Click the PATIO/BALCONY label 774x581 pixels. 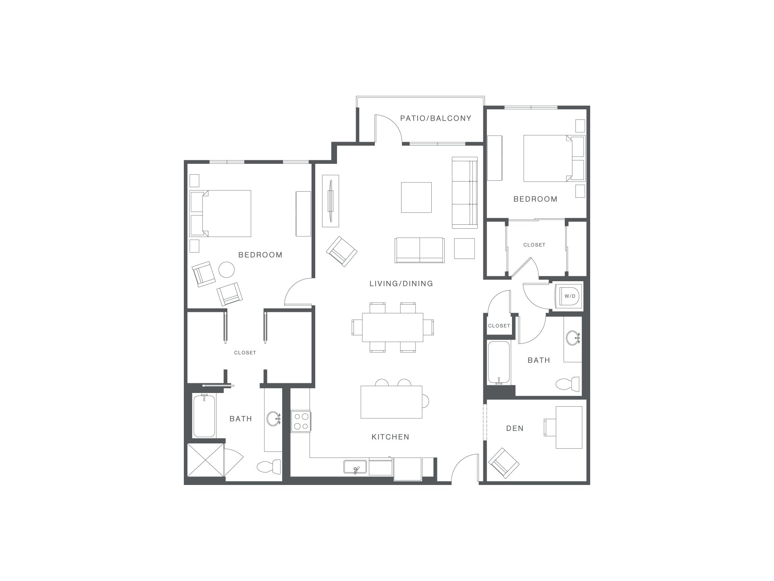click(x=436, y=118)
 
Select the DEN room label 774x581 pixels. click(x=515, y=428)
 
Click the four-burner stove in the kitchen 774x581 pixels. click(x=301, y=421)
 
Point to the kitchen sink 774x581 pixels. click(x=355, y=467)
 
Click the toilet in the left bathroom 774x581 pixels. click(x=269, y=467)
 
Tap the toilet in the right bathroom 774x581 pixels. click(x=568, y=383)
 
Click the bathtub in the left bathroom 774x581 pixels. click(x=204, y=416)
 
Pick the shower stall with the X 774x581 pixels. click(x=206, y=460)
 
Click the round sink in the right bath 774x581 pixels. click(x=573, y=338)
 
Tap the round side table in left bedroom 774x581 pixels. click(x=227, y=270)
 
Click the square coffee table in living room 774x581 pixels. click(x=416, y=197)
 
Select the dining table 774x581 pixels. click(x=393, y=327)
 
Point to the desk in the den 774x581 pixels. click(x=569, y=427)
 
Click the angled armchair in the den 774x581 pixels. click(x=504, y=463)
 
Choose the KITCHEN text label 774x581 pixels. click(x=390, y=437)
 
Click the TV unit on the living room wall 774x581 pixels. click(x=331, y=201)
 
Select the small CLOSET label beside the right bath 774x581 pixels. click(x=499, y=326)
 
